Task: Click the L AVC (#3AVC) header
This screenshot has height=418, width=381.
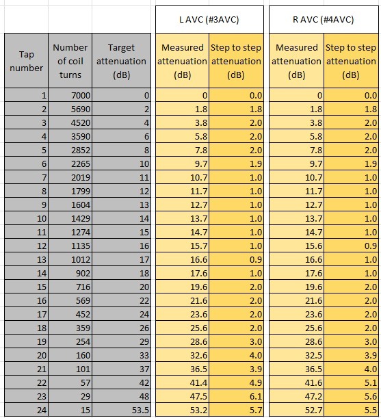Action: point(209,20)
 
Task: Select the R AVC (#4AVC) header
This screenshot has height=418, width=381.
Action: point(324,20)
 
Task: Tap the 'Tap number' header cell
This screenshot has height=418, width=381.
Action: point(26,61)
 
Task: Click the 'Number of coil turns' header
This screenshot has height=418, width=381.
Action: point(70,61)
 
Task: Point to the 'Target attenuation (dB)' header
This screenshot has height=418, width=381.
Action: point(121,61)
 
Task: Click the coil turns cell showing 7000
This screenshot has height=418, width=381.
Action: point(81,96)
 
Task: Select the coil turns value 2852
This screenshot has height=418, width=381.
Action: point(81,150)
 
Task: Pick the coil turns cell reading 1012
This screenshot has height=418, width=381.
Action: point(81,260)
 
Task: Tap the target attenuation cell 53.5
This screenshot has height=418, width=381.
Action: point(140,410)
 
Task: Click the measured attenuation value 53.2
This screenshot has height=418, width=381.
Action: point(198,410)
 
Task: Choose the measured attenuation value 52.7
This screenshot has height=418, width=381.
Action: point(313,410)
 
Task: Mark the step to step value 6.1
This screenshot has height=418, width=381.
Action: point(256,396)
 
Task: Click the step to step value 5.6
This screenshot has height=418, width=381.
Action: point(371,396)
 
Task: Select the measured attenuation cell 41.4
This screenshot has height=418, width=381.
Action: point(198,383)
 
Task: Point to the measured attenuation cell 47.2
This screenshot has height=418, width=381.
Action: point(313,396)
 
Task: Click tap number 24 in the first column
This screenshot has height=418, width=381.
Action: point(42,410)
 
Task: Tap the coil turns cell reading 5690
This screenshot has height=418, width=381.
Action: point(81,109)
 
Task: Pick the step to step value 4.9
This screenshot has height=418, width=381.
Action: point(256,383)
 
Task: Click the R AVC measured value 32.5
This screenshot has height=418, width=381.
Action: point(313,355)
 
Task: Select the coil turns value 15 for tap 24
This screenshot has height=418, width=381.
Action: point(86,410)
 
